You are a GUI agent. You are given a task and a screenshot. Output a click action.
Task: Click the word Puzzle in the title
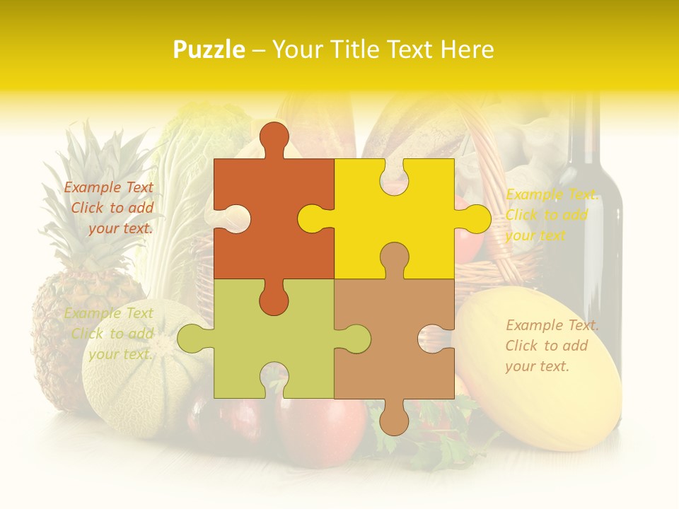click(209, 50)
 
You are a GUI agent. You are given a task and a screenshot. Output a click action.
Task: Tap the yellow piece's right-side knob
click(476, 218)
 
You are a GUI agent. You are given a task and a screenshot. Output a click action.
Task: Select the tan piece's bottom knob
click(394, 419)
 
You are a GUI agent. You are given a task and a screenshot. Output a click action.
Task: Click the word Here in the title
click(467, 49)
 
